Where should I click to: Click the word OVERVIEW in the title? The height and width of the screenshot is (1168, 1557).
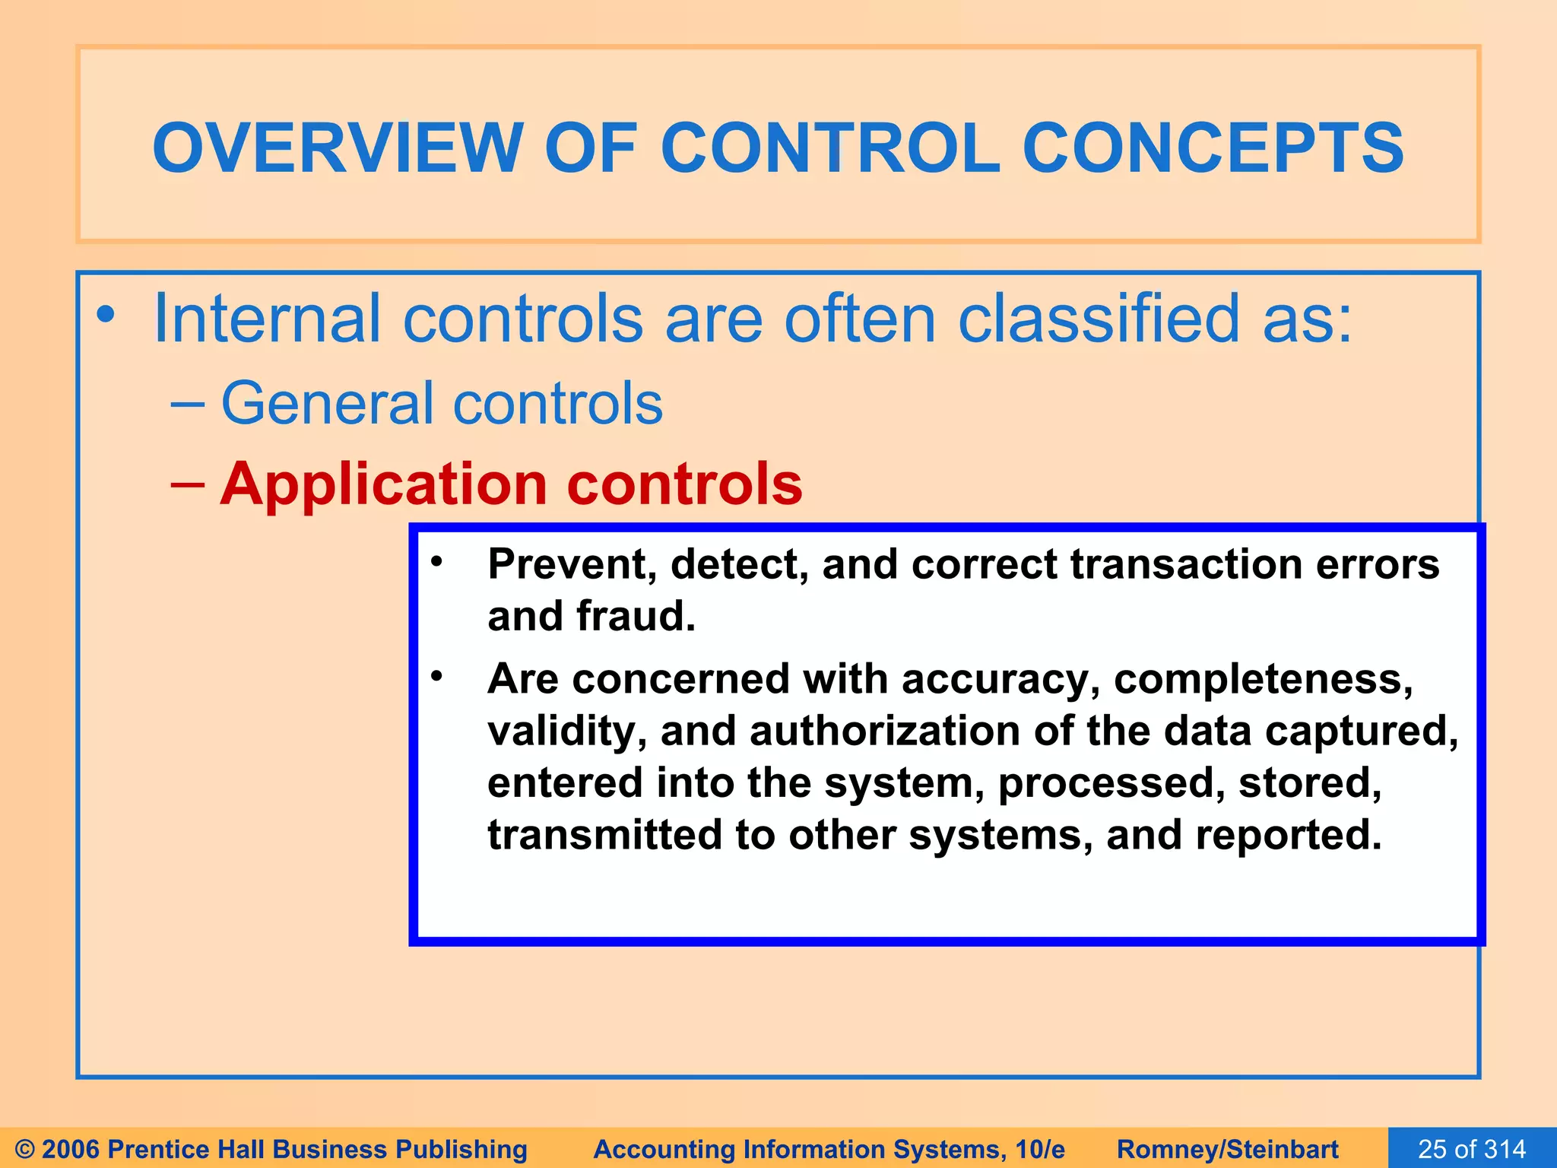pos(338,148)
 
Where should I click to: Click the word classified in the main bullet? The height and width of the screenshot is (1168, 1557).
pos(1098,319)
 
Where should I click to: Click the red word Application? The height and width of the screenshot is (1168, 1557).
pos(383,484)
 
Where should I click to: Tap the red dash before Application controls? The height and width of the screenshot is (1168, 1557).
pos(188,484)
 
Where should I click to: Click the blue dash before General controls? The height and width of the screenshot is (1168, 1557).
pos(188,403)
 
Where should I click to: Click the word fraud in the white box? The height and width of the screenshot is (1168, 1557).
pos(636,616)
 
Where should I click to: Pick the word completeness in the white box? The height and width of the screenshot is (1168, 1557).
pos(1263,678)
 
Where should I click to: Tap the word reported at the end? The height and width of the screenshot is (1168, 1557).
pos(1288,835)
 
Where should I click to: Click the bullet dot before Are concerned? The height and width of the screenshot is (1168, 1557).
pos(436,675)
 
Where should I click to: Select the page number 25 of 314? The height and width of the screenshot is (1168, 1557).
pos(1472,1148)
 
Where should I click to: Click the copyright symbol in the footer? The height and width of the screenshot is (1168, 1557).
pos(24,1149)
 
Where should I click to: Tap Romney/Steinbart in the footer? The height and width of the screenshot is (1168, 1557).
pos(1227,1149)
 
